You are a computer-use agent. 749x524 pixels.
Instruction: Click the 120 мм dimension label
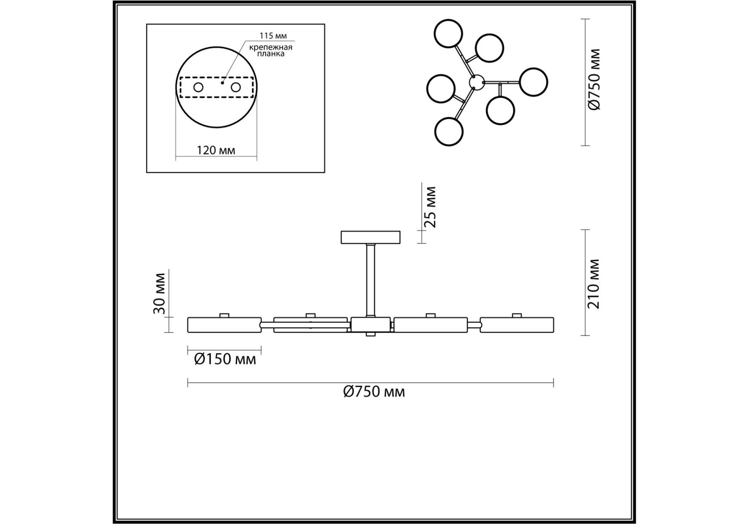pyautogui.click(x=216, y=150)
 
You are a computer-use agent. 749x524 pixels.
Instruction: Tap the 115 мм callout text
pyautogui.click(x=273, y=36)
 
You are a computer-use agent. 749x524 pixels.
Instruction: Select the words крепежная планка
pyautogui.click(x=271, y=50)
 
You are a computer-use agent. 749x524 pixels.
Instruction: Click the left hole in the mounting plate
pyautogui.click(x=198, y=87)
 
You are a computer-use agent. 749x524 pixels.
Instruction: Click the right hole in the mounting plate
pyautogui.click(x=236, y=87)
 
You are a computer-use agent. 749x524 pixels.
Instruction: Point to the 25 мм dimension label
pyautogui.click(x=431, y=207)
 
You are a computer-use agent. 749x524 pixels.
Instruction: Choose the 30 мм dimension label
pyautogui.click(x=160, y=293)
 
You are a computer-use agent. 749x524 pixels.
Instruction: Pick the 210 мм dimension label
pyautogui.click(x=594, y=284)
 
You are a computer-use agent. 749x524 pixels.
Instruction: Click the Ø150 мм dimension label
pyautogui.click(x=225, y=359)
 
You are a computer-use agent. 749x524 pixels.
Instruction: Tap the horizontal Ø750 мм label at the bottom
pyautogui.click(x=374, y=392)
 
